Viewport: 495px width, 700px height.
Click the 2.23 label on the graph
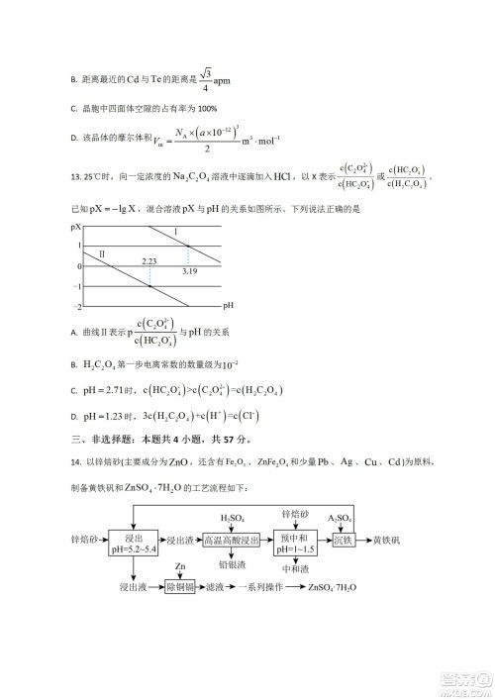(149, 260)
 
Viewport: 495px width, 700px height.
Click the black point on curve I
(188, 246)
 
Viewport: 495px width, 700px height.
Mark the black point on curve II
(149, 286)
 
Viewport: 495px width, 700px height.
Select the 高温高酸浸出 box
(232, 541)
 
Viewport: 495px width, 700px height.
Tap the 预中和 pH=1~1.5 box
(297, 541)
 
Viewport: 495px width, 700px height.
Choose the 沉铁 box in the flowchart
(343, 541)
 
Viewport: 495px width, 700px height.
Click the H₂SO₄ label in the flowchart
(231, 516)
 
